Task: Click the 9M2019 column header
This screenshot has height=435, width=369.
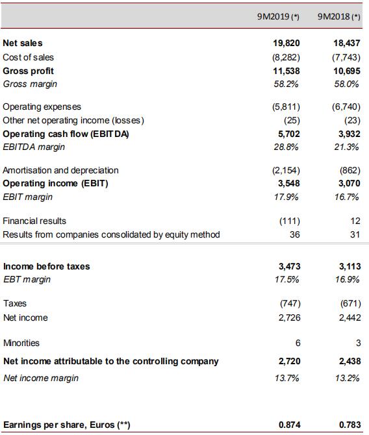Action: tap(278, 17)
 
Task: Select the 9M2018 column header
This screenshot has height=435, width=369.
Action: tap(338, 17)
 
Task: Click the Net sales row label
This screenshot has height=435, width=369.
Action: tap(23, 43)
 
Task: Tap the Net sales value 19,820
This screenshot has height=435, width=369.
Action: tap(286, 43)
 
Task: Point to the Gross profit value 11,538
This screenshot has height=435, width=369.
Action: tap(286, 71)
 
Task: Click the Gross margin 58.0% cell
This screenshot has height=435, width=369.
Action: tap(346, 84)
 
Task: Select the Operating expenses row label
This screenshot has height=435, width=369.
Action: tap(42, 106)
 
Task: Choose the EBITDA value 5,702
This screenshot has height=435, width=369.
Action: tap(288, 134)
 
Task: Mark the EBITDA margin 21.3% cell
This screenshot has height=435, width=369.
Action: tap(346, 147)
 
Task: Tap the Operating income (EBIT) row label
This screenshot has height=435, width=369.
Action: tap(55, 183)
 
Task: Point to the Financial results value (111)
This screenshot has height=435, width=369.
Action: tap(290, 221)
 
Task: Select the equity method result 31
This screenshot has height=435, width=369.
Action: tap(355, 234)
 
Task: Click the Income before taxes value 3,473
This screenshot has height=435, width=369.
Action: tap(289, 266)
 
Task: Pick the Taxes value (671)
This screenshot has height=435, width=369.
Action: tap(350, 303)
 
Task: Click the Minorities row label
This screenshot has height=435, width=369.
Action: tap(21, 343)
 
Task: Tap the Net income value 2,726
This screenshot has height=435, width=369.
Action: tap(289, 317)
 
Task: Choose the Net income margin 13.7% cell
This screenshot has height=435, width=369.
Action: tap(286, 378)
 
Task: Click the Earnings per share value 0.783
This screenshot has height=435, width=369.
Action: tap(350, 425)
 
